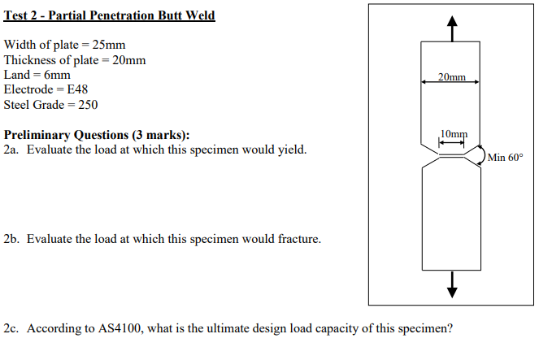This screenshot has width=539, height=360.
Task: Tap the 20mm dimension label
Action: [451, 77]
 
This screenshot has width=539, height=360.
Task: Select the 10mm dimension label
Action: [454, 133]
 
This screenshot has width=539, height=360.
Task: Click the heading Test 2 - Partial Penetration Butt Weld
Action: [110, 15]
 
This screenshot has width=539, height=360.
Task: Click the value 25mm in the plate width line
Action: [111, 45]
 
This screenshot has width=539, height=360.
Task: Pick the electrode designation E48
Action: [75, 89]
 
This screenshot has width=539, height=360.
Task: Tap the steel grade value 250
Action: [87, 104]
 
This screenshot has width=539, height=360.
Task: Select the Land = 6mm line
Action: [37, 75]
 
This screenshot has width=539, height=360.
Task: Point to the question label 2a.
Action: [11, 150]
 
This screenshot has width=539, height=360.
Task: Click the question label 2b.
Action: [11, 239]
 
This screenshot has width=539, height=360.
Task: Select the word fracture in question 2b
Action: [298, 239]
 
